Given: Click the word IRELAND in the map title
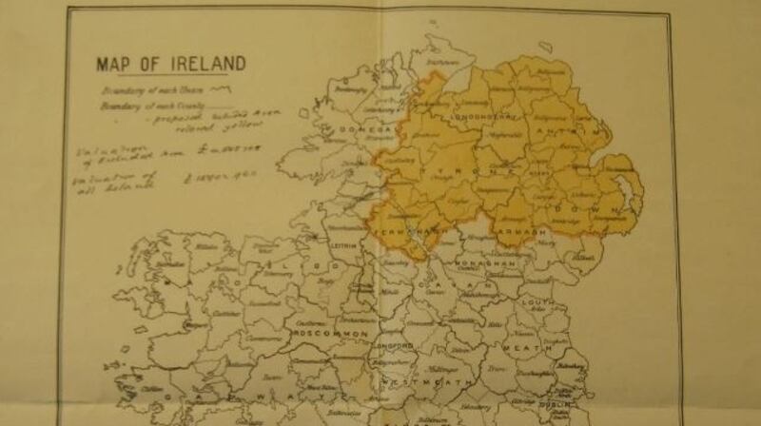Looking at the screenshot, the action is [x=208, y=64].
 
